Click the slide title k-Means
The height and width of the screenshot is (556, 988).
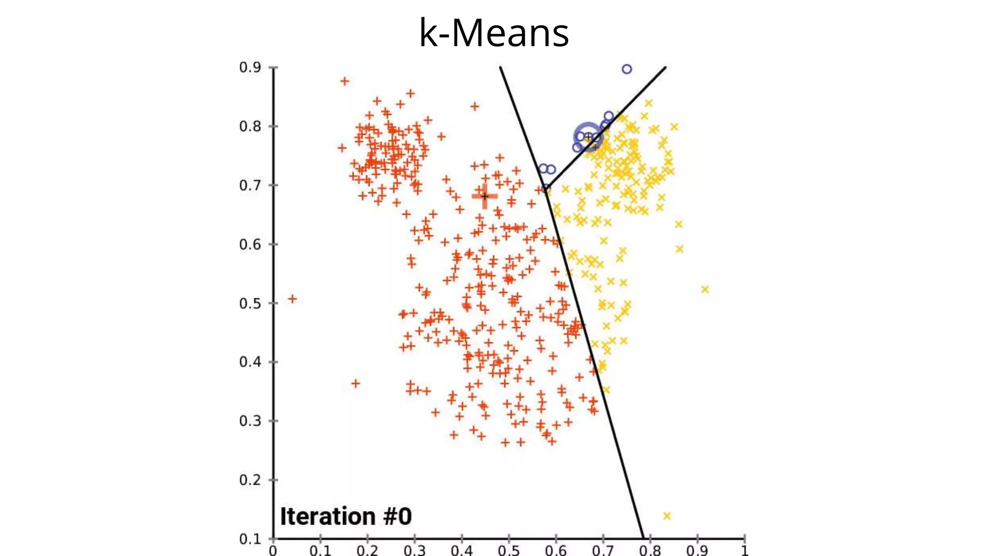click(494, 33)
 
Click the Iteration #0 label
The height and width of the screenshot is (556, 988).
click(346, 516)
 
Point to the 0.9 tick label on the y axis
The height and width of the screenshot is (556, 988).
click(250, 68)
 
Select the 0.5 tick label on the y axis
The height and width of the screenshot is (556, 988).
click(250, 304)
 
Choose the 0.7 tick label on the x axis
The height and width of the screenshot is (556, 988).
click(603, 551)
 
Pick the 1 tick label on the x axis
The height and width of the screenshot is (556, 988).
click(744, 551)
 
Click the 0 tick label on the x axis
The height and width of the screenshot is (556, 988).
click(273, 551)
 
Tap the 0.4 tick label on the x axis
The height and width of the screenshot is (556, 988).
click(461, 551)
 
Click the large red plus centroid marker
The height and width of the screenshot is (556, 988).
click(485, 196)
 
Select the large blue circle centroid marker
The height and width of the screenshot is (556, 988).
click(588, 137)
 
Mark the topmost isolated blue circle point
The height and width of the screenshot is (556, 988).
click(627, 69)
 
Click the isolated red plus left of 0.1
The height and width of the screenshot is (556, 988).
click(292, 299)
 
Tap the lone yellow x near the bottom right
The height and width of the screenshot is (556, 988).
click(667, 516)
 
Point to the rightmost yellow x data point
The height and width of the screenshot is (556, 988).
click(705, 290)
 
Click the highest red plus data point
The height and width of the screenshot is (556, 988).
click(344, 81)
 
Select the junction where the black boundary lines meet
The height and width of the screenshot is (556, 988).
click(546, 189)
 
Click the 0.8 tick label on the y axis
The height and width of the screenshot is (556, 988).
click(250, 126)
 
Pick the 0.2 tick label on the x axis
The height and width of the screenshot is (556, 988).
click(367, 551)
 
